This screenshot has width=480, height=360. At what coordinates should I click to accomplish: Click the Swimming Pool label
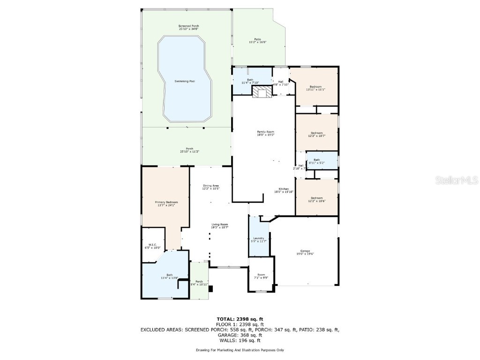coord(185,82)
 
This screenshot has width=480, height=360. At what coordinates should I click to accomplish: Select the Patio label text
coord(257,41)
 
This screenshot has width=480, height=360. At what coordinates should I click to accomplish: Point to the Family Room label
coord(265,134)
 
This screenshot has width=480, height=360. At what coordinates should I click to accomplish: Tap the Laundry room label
coord(259,240)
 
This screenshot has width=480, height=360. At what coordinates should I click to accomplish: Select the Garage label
coord(305,252)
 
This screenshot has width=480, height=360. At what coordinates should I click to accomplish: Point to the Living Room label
coord(219,226)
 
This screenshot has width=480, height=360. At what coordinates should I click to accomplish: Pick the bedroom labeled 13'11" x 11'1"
coord(315,88)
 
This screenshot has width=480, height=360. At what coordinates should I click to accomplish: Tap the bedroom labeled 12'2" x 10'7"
coord(316,134)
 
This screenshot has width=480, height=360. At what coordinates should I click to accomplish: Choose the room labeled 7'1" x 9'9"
coord(261,276)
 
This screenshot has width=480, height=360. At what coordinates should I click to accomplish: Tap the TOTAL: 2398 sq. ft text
coord(240,319)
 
